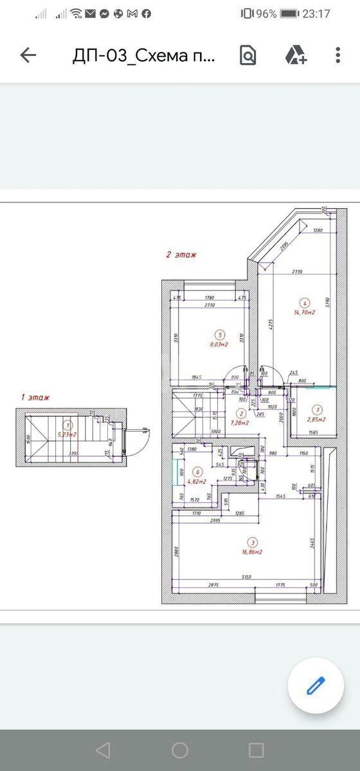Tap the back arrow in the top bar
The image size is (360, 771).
pyautogui.click(x=28, y=55)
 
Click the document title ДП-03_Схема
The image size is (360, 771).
pyautogui.click(x=145, y=55)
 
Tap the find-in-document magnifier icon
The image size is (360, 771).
pyautogui.click(x=248, y=55)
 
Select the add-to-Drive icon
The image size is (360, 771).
pyautogui.click(x=296, y=55)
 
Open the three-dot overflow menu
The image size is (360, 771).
pyautogui.click(x=338, y=55)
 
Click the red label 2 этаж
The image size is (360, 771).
pyautogui.click(x=181, y=254)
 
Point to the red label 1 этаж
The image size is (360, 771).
pyautogui.click(x=35, y=397)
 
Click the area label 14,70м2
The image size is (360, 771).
pyautogui.click(x=304, y=312)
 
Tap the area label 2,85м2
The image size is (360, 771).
pyautogui.click(x=316, y=420)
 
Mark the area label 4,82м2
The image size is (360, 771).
pyautogui.click(x=197, y=481)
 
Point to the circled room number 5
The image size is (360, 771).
pyautogui.click(x=221, y=334)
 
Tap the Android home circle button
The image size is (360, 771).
pyautogui.click(x=180, y=750)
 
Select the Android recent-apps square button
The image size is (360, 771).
pyautogui.click(x=256, y=750)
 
